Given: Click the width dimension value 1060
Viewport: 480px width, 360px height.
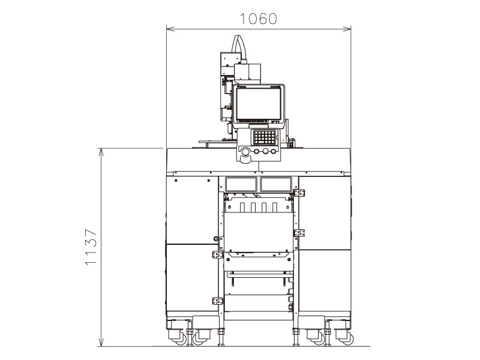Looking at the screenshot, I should [258, 18].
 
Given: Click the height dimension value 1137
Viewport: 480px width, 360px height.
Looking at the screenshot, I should [90, 247].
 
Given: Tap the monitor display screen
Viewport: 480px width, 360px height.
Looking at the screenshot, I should [257, 104].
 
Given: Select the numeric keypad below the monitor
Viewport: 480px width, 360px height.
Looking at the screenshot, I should [265, 137].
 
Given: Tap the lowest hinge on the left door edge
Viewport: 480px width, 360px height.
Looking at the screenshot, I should [217, 301].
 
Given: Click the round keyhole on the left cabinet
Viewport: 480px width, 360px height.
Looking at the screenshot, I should [215, 238].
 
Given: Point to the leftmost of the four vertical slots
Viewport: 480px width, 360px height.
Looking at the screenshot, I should [241, 208].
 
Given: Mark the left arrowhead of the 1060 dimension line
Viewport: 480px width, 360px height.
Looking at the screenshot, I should [169, 28].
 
